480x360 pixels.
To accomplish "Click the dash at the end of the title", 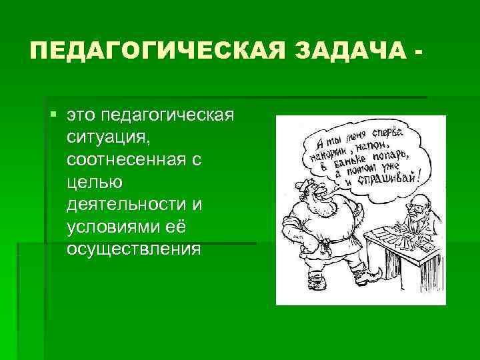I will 417,51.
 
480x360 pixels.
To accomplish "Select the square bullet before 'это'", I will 53,115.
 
